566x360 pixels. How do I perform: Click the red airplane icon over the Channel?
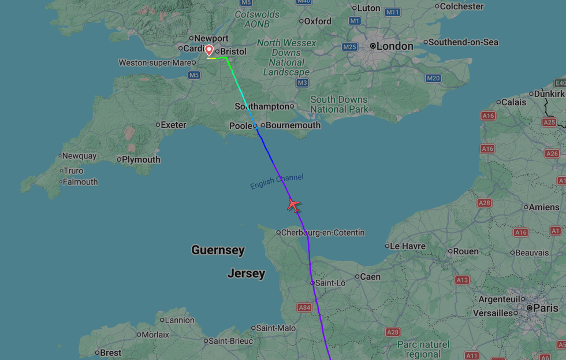tap(294, 205)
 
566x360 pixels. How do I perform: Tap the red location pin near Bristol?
tap(209, 51)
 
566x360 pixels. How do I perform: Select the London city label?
tap(395, 46)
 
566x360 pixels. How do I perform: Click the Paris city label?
tap(545, 308)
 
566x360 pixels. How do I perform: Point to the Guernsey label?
tap(218, 250)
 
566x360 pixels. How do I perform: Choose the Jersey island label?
tap(246, 273)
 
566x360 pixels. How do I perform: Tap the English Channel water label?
tap(277, 181)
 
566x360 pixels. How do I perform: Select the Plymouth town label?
tap(141, 159)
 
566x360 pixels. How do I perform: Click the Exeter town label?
tap(173, 124)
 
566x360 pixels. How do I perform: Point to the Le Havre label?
tap(408, 246)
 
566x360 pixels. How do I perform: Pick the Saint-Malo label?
tap(276, 328)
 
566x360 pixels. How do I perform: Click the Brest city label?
tap(111, 352)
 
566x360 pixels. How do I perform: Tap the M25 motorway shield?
tap(349, 47)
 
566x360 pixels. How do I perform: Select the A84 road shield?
tap(305, 307)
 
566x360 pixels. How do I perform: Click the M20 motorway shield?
tap(433, 78)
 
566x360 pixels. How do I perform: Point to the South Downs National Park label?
tap(339, 104)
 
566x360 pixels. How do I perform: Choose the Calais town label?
tap(513, 102)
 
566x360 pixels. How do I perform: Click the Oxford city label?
tap(318, 21)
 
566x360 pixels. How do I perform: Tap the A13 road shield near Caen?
tap(462, 280)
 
